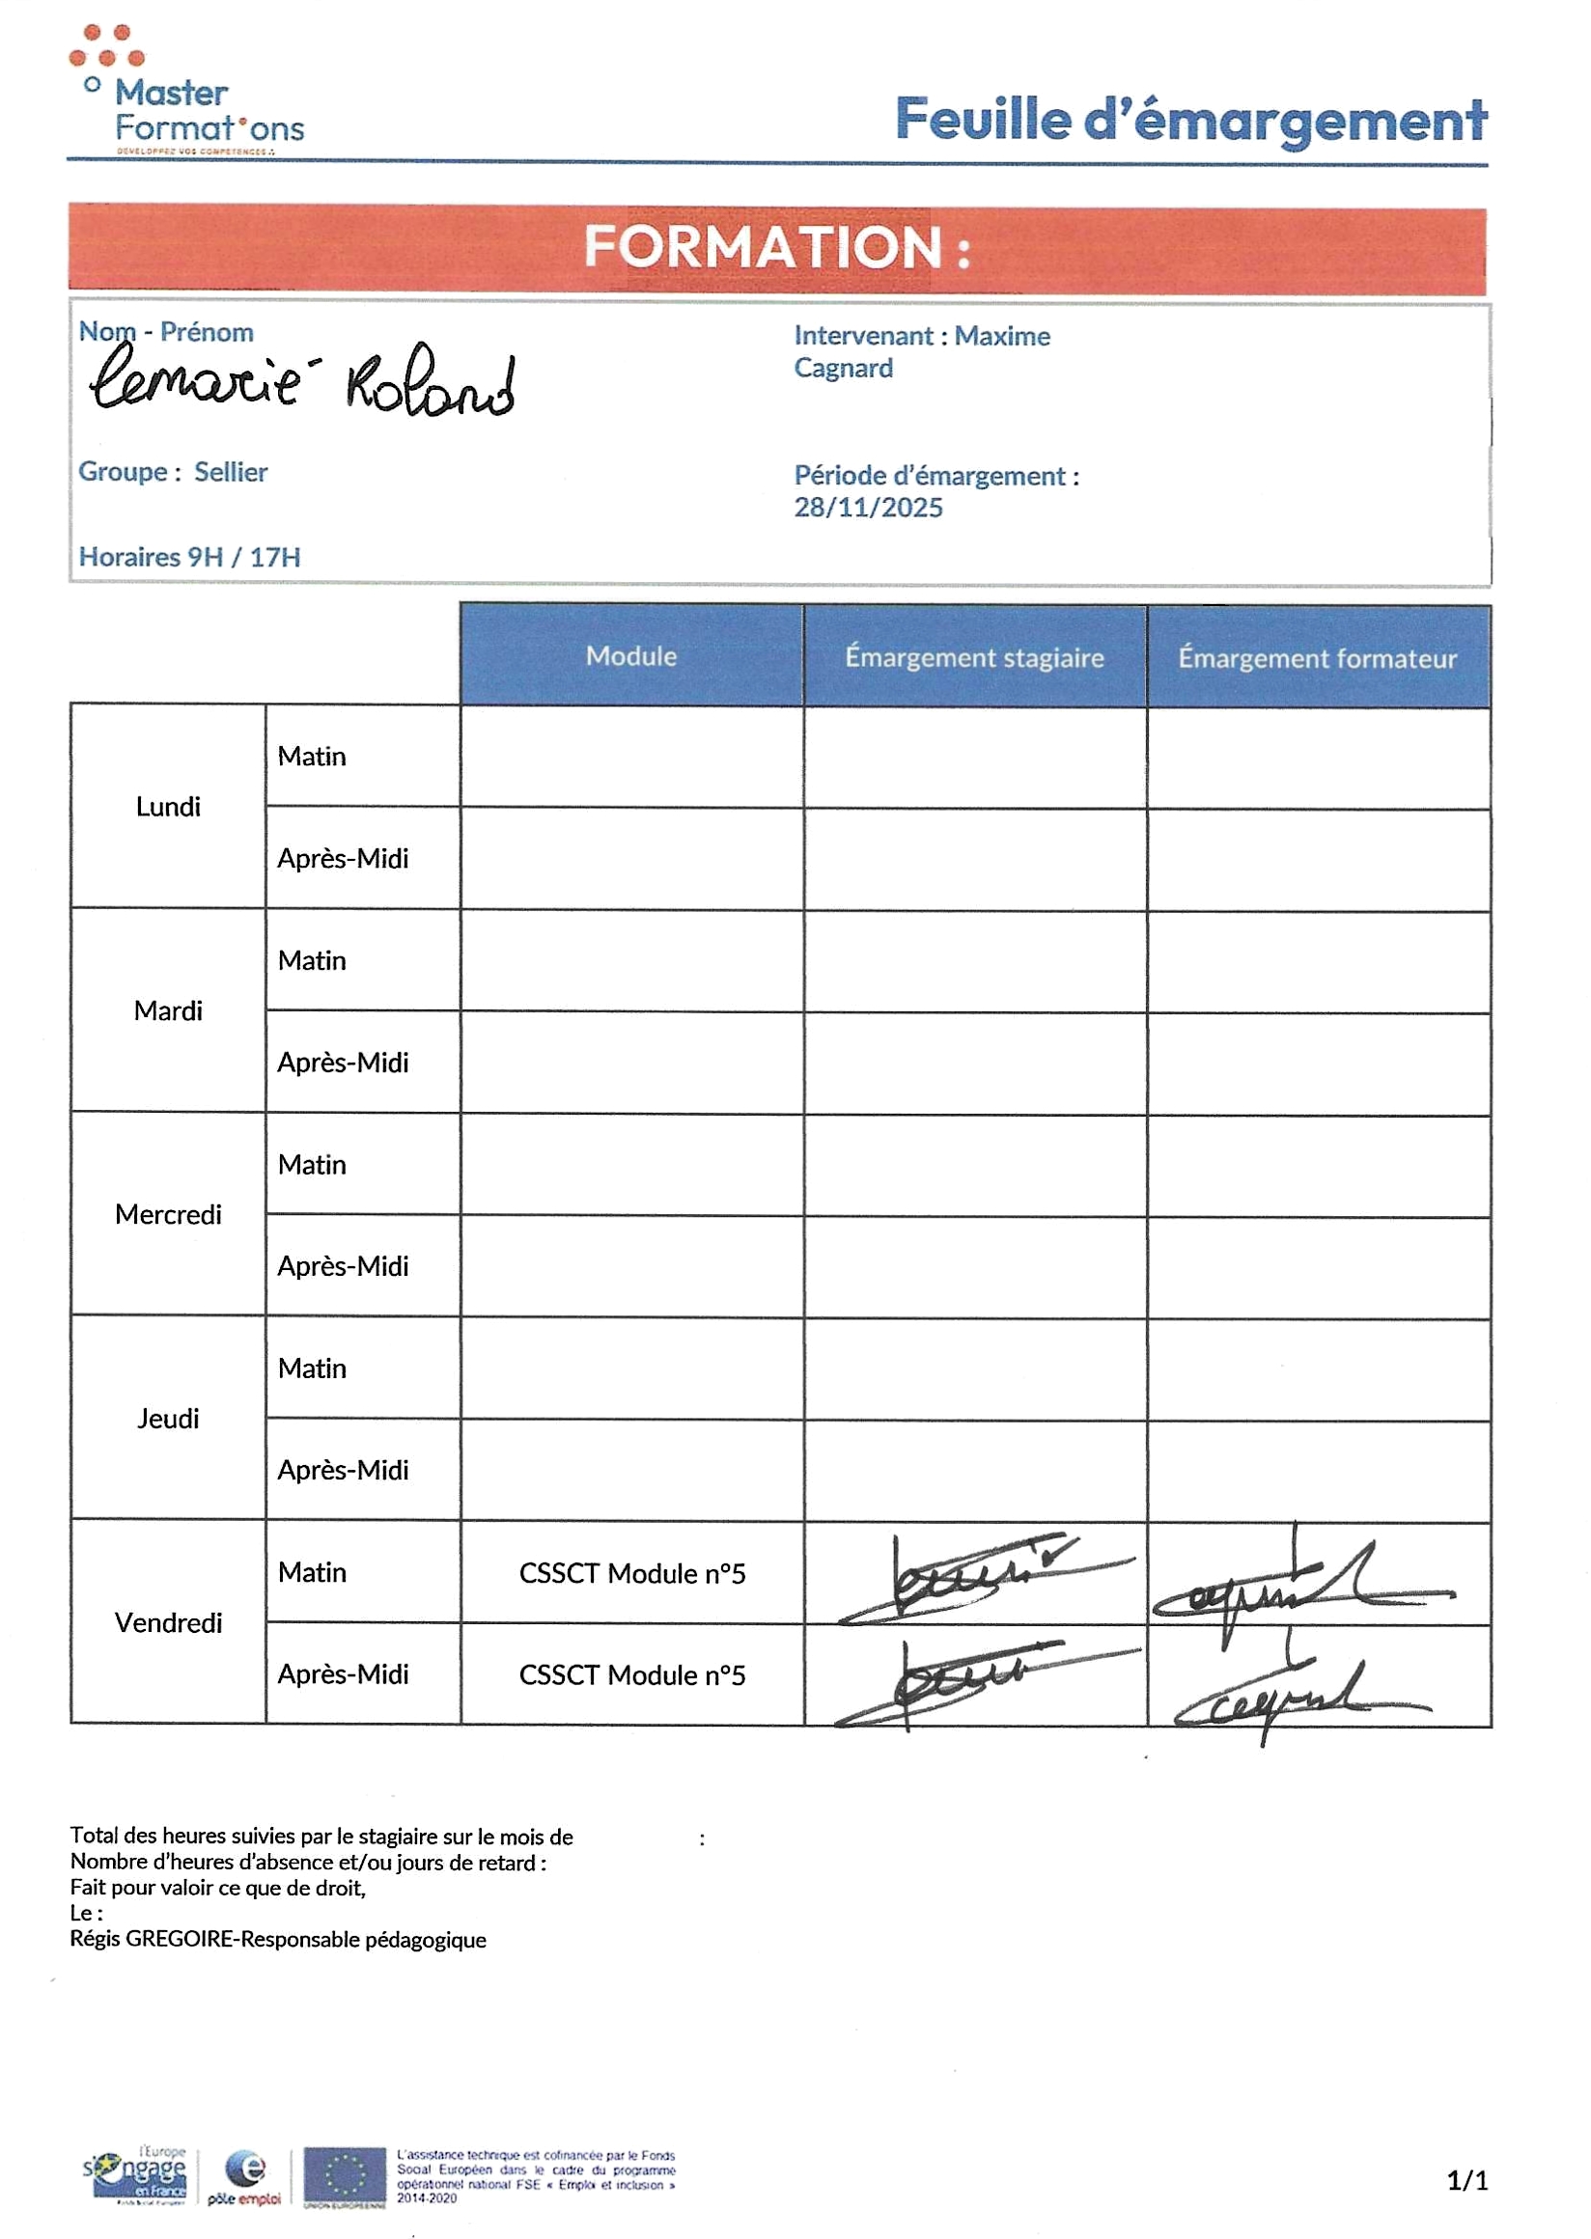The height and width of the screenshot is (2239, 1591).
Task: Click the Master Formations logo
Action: (186, 93)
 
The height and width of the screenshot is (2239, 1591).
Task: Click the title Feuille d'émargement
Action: (1190, 120)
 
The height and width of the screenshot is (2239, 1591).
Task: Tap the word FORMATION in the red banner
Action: (762, 247)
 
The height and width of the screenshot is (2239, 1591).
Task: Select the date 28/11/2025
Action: (868, 508)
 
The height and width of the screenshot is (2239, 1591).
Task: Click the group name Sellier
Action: (230, 472)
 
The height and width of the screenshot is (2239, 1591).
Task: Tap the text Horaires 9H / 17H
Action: (189, 557)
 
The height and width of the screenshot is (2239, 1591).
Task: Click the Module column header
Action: (631, 656)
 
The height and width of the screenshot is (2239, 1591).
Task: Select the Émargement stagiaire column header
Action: (974, 657)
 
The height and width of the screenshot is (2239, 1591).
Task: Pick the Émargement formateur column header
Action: (1317, 658)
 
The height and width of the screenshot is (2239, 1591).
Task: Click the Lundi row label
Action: (168, 807)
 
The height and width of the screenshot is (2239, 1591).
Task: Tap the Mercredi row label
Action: (168, 1214)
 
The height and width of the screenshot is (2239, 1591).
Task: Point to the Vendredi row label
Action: (168, 1623)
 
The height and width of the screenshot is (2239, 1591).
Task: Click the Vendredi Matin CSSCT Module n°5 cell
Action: (632, 1574)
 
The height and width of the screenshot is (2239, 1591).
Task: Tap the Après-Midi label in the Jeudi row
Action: (343, 1470)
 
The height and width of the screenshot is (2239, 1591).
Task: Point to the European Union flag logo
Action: (344, 2177)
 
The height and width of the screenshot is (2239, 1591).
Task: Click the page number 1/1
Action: (1466, 2180)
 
